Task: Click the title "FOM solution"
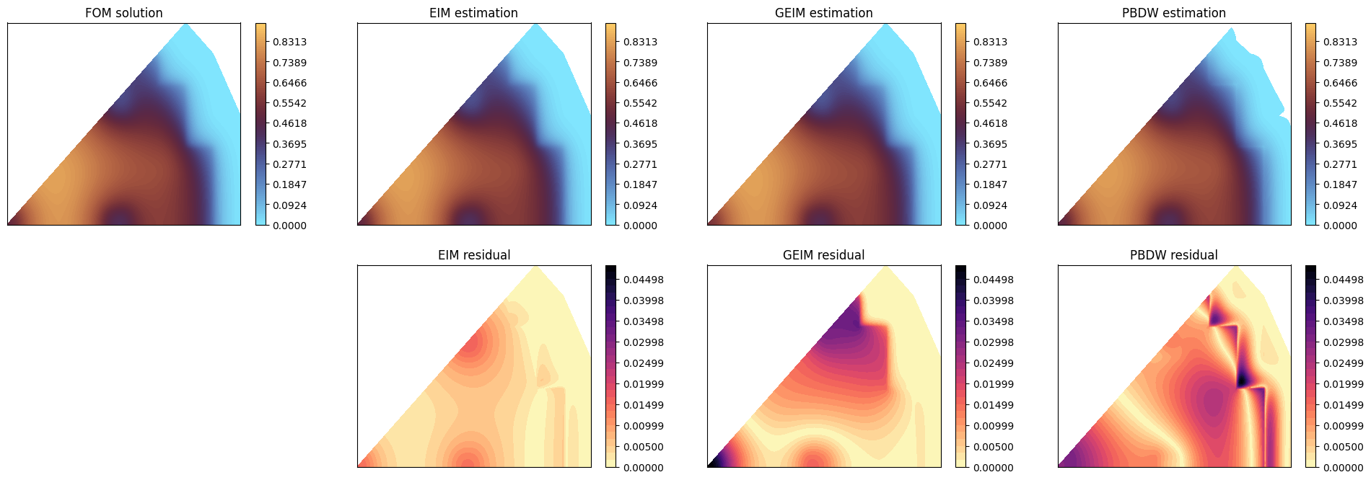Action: (123, 13)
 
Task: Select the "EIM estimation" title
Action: (473, 13)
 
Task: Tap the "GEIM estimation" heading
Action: (823, 13)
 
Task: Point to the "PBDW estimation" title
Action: (1173, 13)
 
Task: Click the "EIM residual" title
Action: (474, 255)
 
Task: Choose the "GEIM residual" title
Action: (823, 255)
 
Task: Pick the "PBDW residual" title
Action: (1173, 255)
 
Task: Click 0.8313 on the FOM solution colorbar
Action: (289, 42)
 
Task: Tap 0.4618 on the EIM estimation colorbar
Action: (640, 123)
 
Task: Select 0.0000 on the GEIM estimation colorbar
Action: (990, 226)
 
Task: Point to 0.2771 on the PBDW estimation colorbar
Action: (1340, 164)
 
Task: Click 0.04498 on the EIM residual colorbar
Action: (644, 280)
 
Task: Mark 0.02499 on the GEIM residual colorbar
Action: (994, 363)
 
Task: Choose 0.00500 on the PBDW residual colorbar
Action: (1344, 447)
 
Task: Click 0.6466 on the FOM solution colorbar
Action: (289, 83)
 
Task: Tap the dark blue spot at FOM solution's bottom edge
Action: (120, 216)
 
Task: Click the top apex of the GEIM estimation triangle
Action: (885, 26)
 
